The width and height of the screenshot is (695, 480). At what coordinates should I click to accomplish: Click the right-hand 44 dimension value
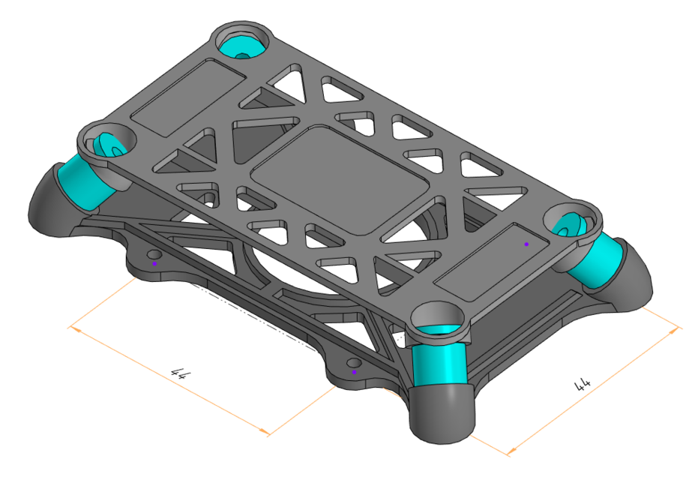[582, 385]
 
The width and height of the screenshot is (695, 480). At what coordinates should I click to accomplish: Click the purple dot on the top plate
[526, 244]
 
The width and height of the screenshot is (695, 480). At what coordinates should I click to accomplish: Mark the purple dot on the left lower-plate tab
[154, 263]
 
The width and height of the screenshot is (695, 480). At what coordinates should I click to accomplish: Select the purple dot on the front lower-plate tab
[355, 371]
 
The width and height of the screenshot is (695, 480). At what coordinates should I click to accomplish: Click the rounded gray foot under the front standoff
[442, 412]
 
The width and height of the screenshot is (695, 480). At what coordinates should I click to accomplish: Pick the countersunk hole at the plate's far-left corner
[107, 142]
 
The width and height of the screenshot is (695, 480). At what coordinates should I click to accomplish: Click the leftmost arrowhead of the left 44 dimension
[70, 327]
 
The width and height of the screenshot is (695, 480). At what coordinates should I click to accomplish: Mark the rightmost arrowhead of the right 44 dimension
[680, 328]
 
